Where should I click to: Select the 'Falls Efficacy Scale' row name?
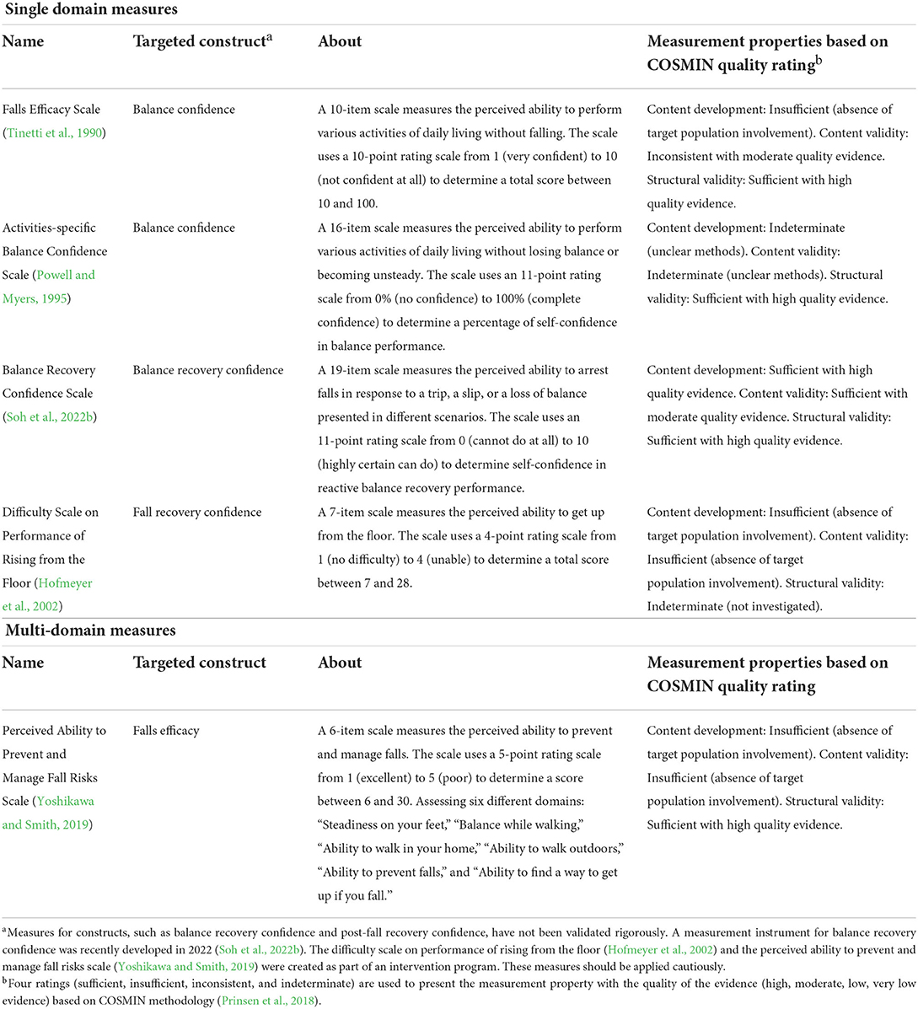tap(51, 110)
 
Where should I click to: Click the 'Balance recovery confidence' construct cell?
tap(208, 370)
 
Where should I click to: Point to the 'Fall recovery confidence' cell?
tap(197, 513)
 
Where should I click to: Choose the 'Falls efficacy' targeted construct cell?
tap(166, 731)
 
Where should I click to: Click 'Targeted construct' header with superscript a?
tap(201, 41)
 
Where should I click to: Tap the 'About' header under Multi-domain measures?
tap(340, 663)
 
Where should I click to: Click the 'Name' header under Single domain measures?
tap(23, 41)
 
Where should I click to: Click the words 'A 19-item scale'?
tap(362, 370)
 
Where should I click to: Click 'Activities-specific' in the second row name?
tap(50, 228)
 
